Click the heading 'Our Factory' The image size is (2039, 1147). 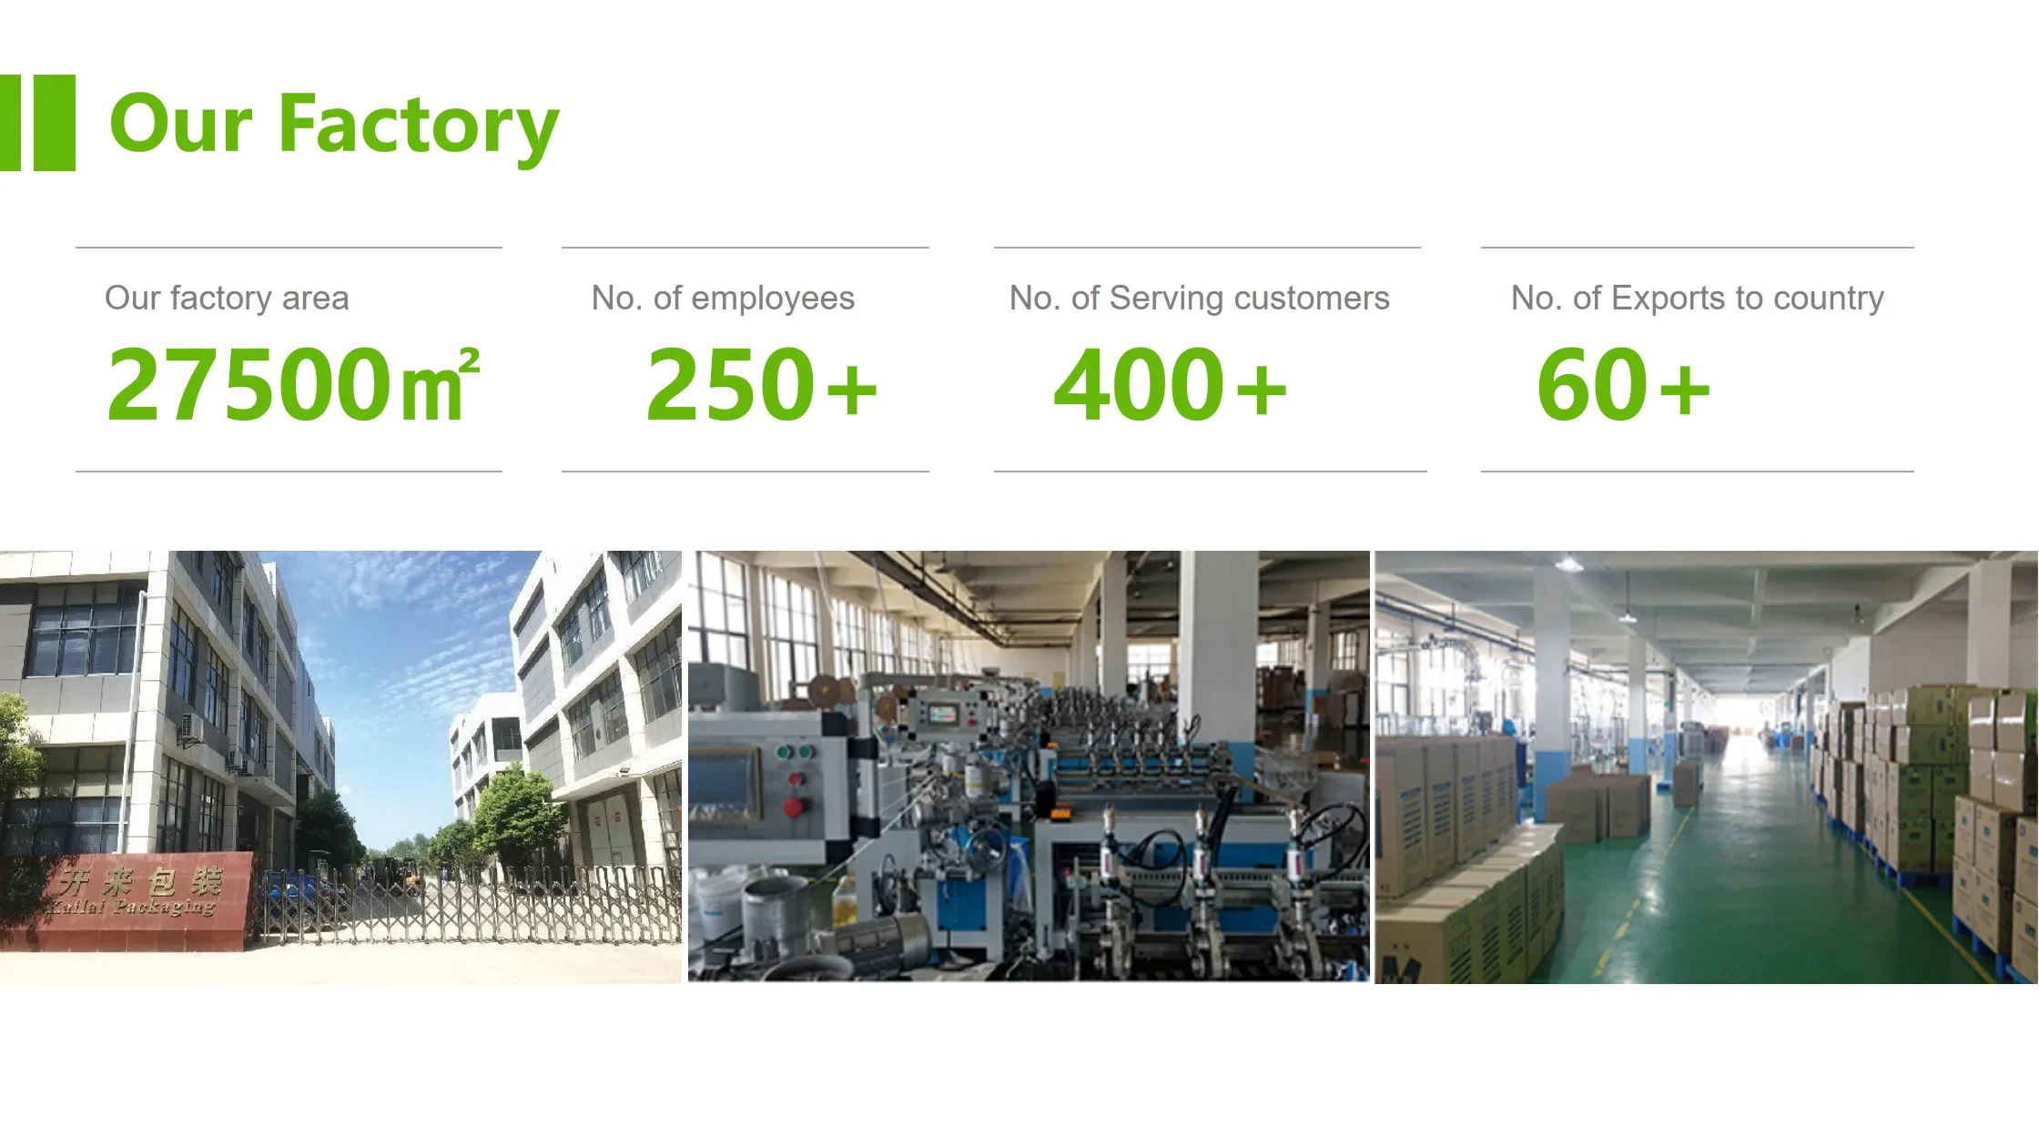click(x=334, y=125)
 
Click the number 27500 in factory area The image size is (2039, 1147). click(x=249, y=384)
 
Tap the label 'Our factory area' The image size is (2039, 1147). click(x=227, y=298)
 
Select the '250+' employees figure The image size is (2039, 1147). click(x=761, y=384)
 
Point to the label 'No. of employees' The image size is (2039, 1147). click(x=723, y=298)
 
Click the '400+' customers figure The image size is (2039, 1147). click(x=1170, y=384)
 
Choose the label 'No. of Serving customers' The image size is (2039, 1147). click(x=1199, y=298)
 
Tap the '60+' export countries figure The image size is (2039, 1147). click(x=1624, y=384)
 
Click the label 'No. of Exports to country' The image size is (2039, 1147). click(x=1697, y=298)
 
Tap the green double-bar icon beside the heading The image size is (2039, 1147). click(x=37, y=123)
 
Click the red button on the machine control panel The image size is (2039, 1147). click(x=793, y=807)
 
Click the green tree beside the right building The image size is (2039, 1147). click(x=518, y=815)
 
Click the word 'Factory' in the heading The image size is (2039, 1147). click(x=419, y=125)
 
